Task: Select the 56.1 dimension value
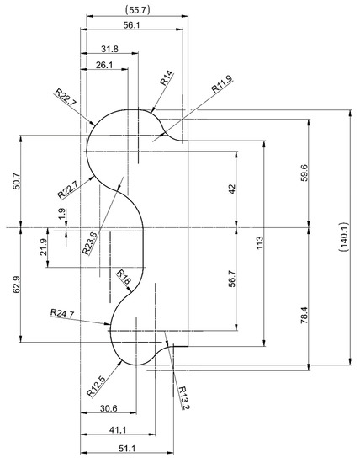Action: pos(131,25)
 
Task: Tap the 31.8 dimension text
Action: pos(109,49)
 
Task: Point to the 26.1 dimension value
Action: pos(105,65)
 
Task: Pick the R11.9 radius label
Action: pos(221,86)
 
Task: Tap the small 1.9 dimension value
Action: pos(61,215)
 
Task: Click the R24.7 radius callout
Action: pos(62,313)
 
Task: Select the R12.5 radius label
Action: pos(95,386)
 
